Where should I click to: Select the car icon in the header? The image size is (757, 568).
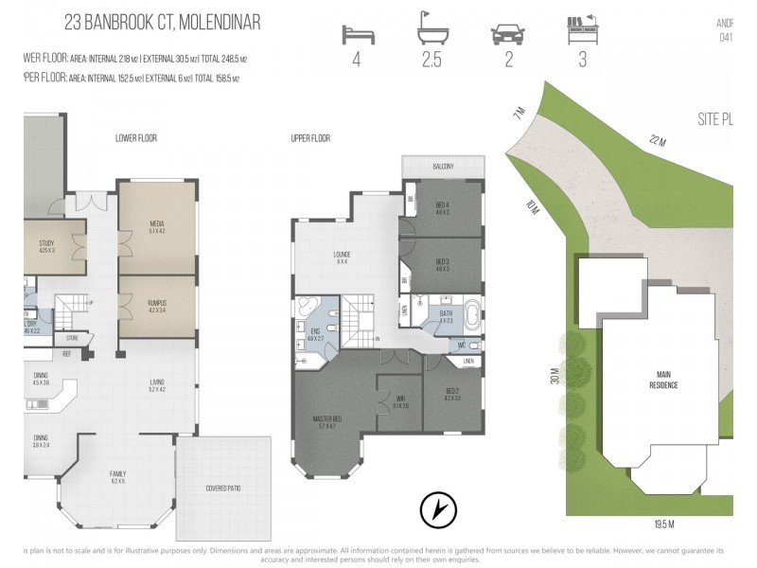pos(508,34)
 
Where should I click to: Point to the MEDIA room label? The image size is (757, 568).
pos(157,226)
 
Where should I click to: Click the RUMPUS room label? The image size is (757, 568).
pos(157,305)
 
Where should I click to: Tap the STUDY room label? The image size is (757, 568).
pos(46,245)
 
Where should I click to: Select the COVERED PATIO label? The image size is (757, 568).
pos(222,488)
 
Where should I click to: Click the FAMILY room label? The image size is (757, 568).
pos(117,472)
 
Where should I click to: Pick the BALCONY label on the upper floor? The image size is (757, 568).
pos(443,167)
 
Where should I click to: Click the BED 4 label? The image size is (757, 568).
pos(443,207)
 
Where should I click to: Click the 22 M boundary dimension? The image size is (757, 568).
pos(658,141)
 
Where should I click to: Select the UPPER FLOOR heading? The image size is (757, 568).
pos(310,138)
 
